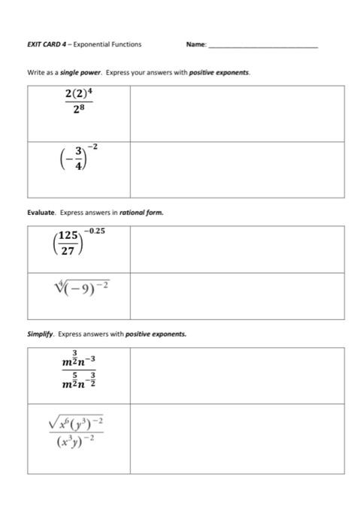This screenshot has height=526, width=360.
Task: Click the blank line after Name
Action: pyautogui.click(x=263, y=46)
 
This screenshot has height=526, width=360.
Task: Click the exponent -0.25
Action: pyautogui.click(x=94, y=231)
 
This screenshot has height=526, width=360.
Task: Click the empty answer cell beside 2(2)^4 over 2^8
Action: pyautogui.click(x=237, y=113)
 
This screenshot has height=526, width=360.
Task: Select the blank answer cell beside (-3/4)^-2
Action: pyautogui.click(x=237, y=169)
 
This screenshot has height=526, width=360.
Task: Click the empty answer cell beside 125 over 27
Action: pyautogui.click(x=237, y=249)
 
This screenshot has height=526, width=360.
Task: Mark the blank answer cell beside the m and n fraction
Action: pyautogui.click(x=237, y=375)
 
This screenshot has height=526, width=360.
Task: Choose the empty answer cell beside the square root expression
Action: pyautogui.click(x=237, y=438)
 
